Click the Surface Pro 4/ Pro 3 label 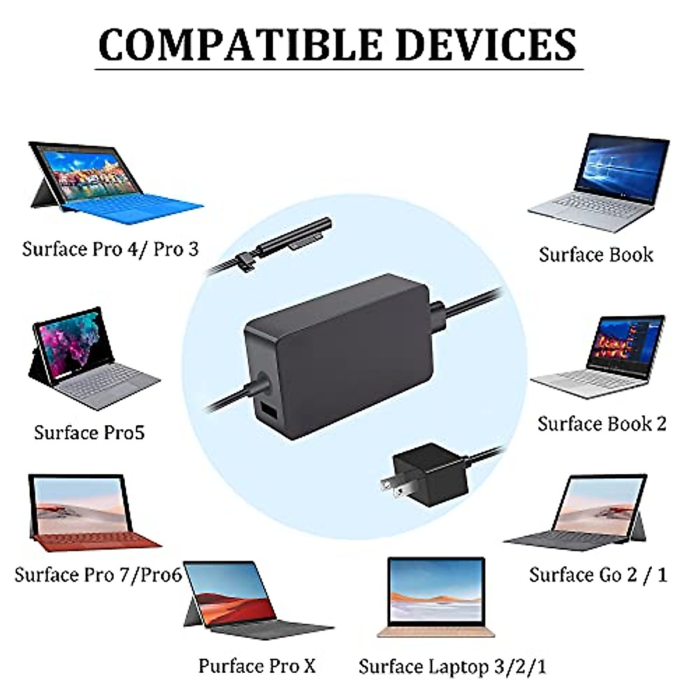[x=111, y=249]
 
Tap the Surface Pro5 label [x=89, y=433]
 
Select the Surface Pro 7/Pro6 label [x=98, y=575]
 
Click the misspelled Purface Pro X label [x=257, y=666]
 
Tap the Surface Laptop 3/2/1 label [x=452, y=666]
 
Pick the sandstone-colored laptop [x=436, y=597]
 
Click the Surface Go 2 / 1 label [x=598, y=575]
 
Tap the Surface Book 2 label [x=602, y=424]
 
